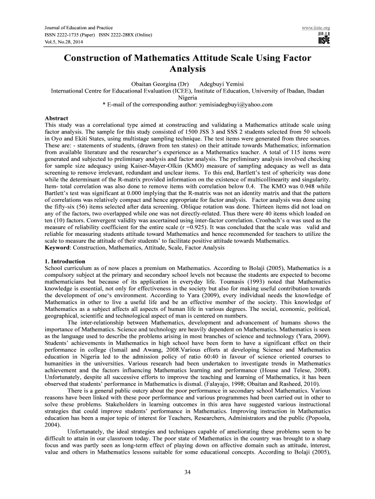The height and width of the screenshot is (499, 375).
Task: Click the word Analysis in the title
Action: pos(187,69)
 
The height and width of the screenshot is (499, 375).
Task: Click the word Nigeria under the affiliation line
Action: pos(187,97)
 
